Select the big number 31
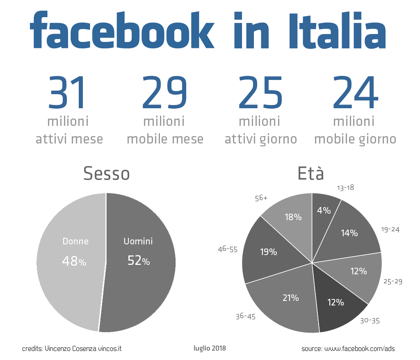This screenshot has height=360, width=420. coord(68,93)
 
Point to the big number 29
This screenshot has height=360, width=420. coord(164,93)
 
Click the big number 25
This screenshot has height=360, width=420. coord(260,93)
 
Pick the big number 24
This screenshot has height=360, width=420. coord(355,93)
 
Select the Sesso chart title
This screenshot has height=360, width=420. coord(106,174)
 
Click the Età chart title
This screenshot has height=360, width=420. coord(311,174)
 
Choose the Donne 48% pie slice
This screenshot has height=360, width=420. coord(70,262)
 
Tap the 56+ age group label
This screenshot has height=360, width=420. coord(261,198)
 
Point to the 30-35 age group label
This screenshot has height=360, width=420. coord(370,321)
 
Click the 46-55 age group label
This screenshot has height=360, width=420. coord(228,249)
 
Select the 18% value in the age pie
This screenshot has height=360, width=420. coord(293,217)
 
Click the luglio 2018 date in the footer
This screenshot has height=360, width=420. coord(210,348)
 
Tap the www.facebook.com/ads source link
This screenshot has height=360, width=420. coord(359,349)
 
